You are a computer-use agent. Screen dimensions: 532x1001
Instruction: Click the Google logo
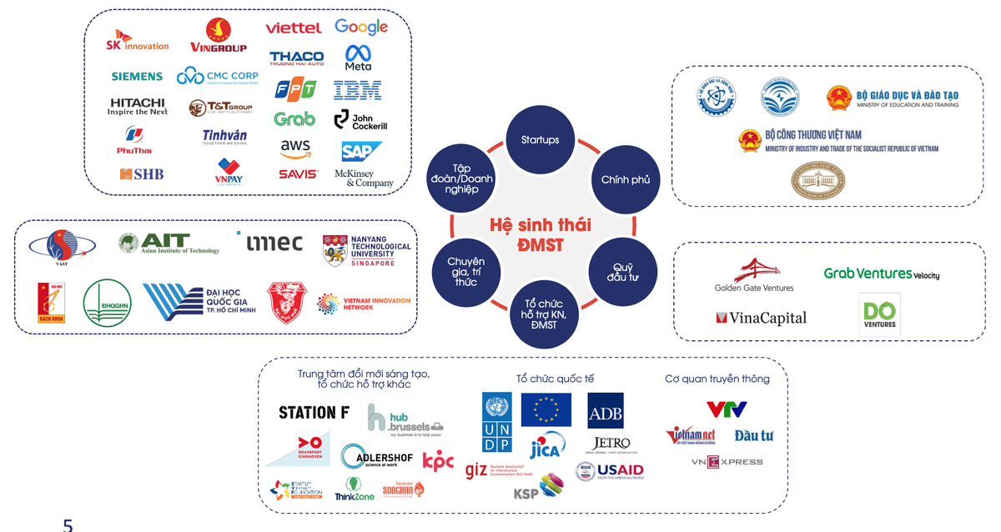pyautogui.click(x=361, y=27)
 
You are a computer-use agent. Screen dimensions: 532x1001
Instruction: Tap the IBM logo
pyautogui.click(x=357, y=90)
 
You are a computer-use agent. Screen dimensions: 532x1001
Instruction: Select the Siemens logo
pyautogui.click(x=137, y=76)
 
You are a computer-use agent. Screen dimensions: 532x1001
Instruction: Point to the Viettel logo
pyautogui.click(x=294, y=28)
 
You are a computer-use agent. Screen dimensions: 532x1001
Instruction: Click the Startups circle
pyautogui.click(x=540, y=139)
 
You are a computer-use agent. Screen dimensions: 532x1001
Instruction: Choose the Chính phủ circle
pyautogui.click(x=625, y=179)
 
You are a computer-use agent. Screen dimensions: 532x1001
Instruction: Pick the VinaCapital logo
pyautogui.click(x=761, y=318)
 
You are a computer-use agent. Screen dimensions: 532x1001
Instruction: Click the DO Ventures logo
pyautogui.click(x=879, y=314)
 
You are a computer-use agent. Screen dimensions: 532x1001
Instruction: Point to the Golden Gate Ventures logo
pyautogui.click(x=754, y=275)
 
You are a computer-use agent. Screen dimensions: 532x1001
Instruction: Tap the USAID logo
pyautogui.click(x=610, y=471)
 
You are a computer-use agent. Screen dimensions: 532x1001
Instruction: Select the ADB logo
pyautogui.click(x=605, y=410)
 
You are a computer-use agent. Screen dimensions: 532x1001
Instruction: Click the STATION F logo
pyautogui.click(x=314, y=413)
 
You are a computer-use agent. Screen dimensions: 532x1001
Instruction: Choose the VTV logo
pyautogui.click(x=726, y=409)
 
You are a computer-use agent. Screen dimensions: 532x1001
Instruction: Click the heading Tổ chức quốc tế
pyautogui.click(x=555, y=379)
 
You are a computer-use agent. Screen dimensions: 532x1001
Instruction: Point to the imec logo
pyautogui.click(x=274, y=243)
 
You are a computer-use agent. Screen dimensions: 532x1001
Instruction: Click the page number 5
pyautogui.click(x=68, y=524)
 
